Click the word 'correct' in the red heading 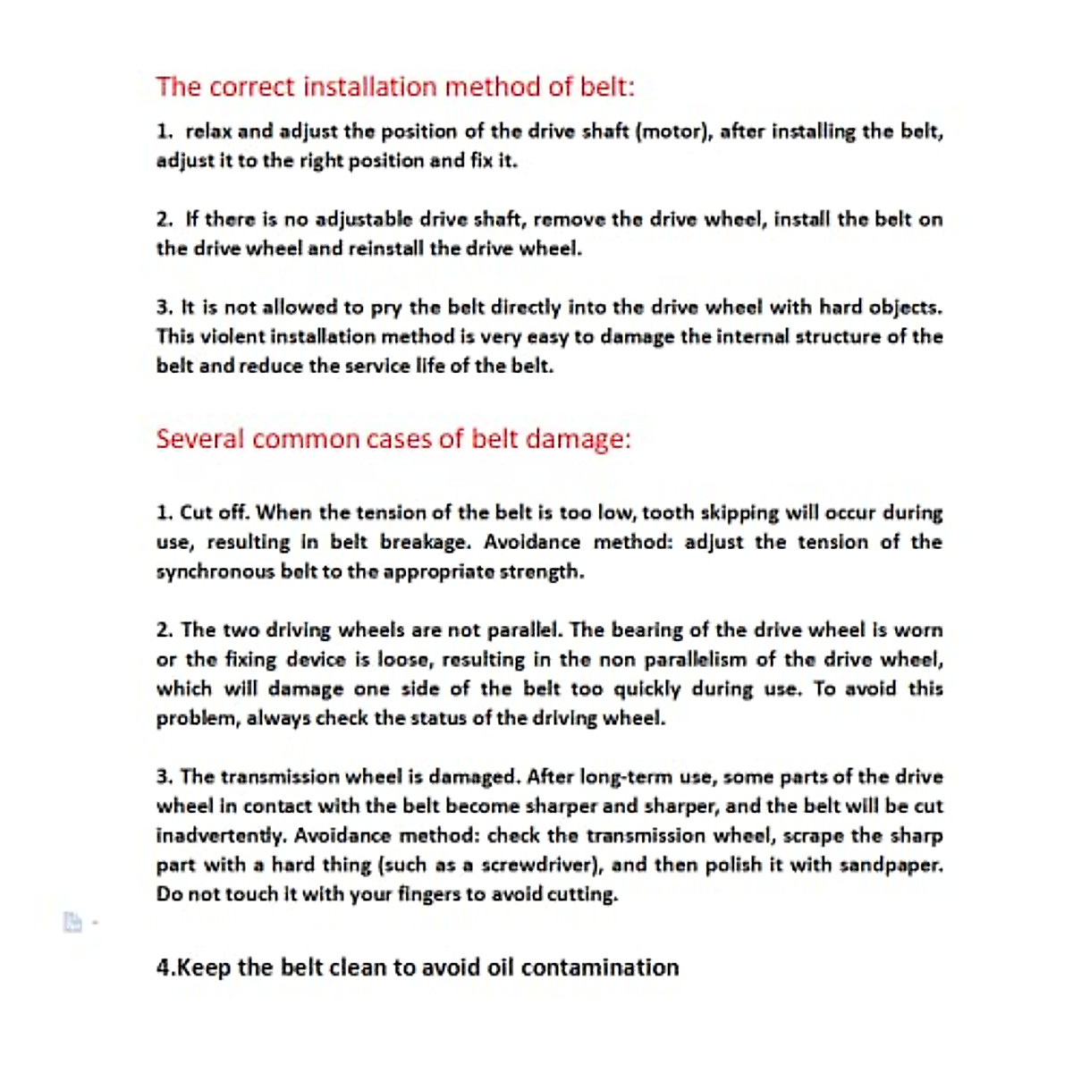(250, 88)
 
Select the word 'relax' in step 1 (208, 131)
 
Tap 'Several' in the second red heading (199, 439)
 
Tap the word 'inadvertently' (221, 836)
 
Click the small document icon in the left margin (72, 922)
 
